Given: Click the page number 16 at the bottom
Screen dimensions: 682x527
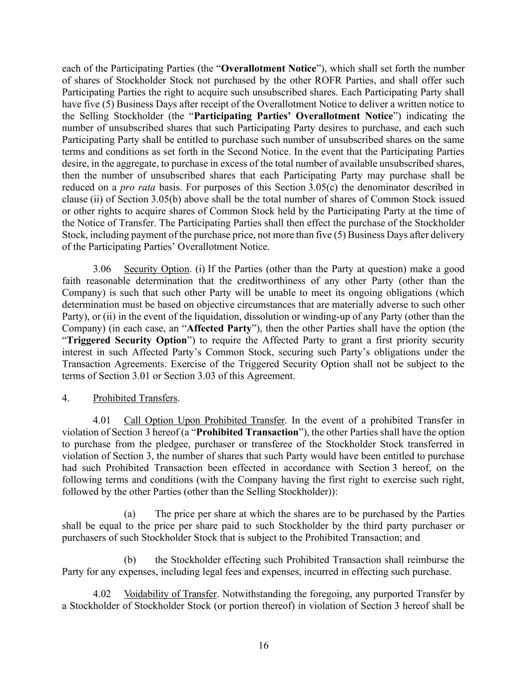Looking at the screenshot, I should (263, 646).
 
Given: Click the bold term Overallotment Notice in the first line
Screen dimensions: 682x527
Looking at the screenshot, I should (268, 68).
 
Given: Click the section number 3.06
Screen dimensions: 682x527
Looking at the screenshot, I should (102, 269).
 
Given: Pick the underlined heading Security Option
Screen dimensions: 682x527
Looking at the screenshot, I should (156, 269).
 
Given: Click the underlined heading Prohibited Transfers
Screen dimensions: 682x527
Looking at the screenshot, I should (135, 398).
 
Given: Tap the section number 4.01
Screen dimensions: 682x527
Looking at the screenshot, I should (102, 420).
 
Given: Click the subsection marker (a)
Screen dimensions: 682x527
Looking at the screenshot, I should (130, 514).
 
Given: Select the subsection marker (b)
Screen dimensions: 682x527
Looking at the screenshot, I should (130, 560).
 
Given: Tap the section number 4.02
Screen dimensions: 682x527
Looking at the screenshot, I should (102, 595).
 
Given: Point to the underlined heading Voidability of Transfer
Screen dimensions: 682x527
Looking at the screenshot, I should (170, 595).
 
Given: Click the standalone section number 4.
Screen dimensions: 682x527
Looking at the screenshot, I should (65, 398).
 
